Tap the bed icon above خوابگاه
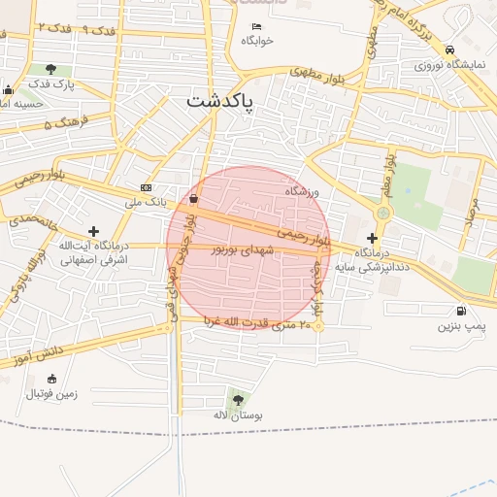tap(256, 26)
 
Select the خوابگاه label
tap(257, 41)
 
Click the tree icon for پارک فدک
tap(50, 69)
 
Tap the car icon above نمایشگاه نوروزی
tap(448, 50)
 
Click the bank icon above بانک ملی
tap(146, 187)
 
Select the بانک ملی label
tap(146, 203)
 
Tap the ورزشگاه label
tap(302, 191)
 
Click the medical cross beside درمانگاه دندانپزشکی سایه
tap(372, 238)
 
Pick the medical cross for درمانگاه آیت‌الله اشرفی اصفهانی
tap(93, 231)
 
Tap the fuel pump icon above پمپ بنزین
tap(459, 312)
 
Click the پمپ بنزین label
tap(459, 327)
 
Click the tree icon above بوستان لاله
tap(237, 398)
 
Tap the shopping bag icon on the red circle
tap(193, 199)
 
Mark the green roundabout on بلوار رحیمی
tap(382, 213)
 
